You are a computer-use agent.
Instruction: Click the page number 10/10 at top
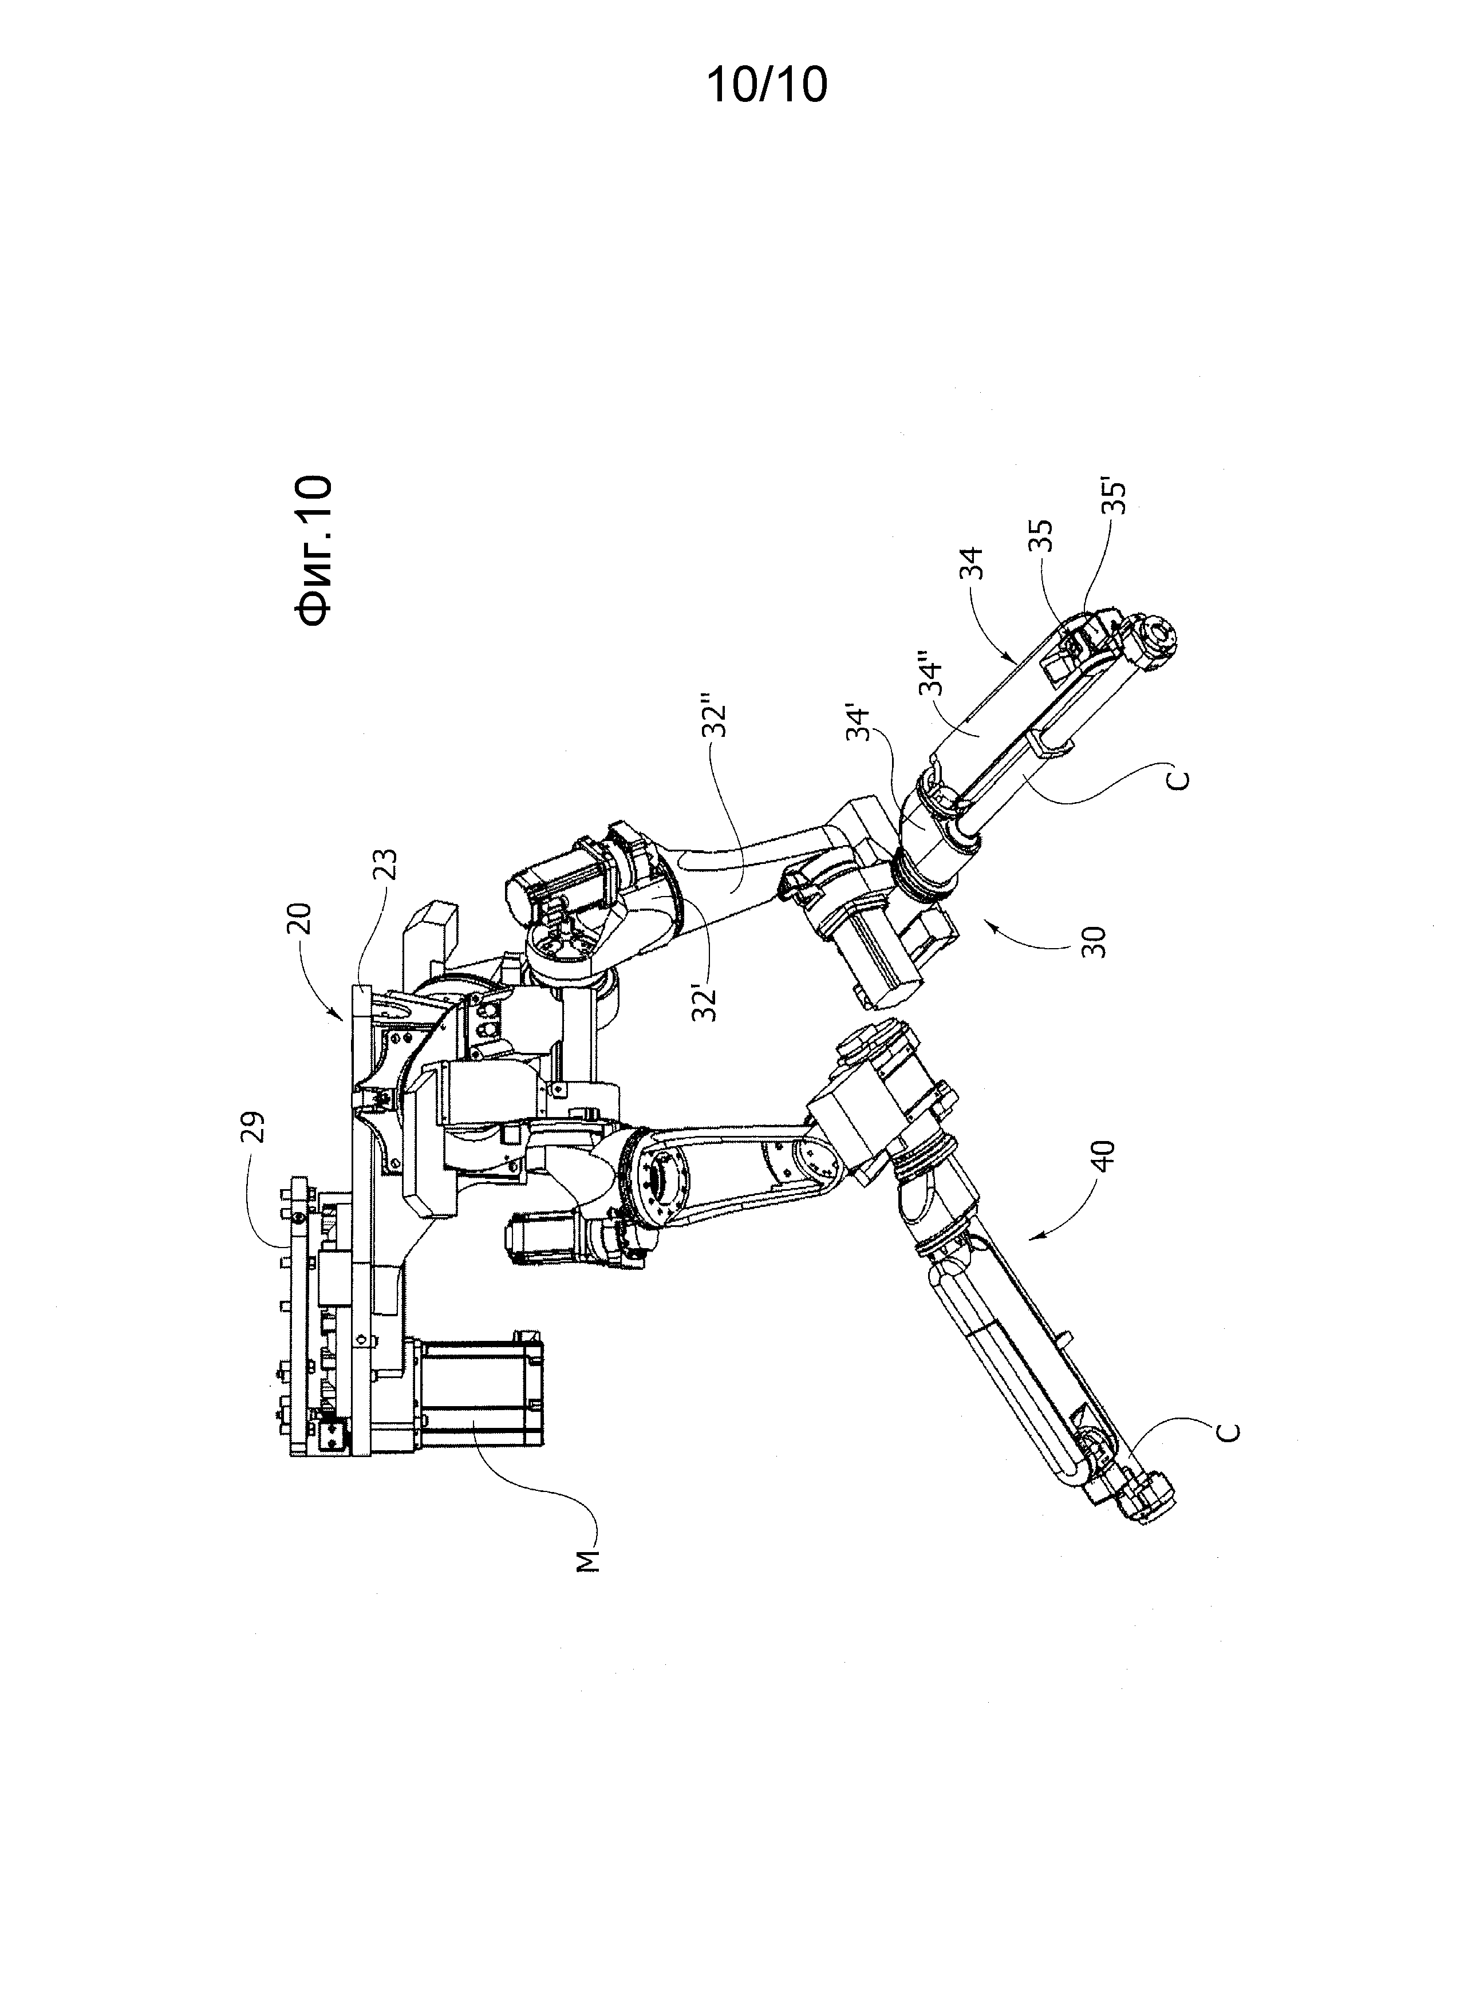(766, 86)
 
